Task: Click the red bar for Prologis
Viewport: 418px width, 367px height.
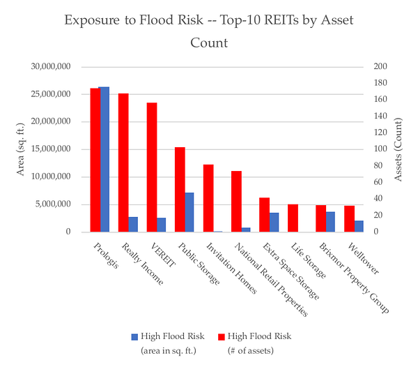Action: [94, 160]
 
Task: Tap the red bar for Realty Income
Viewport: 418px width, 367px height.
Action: [123, 163]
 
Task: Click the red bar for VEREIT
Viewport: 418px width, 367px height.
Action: [151, 167]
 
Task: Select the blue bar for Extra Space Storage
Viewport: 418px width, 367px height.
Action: [274, 222]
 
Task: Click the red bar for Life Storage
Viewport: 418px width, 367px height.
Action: [293, 218]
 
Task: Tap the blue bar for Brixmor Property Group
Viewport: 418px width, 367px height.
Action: [330, 221]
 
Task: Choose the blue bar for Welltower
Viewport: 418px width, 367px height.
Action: [359, 226]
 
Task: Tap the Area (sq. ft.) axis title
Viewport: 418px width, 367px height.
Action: [22, 149]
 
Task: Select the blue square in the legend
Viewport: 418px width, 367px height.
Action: [135, 337]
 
